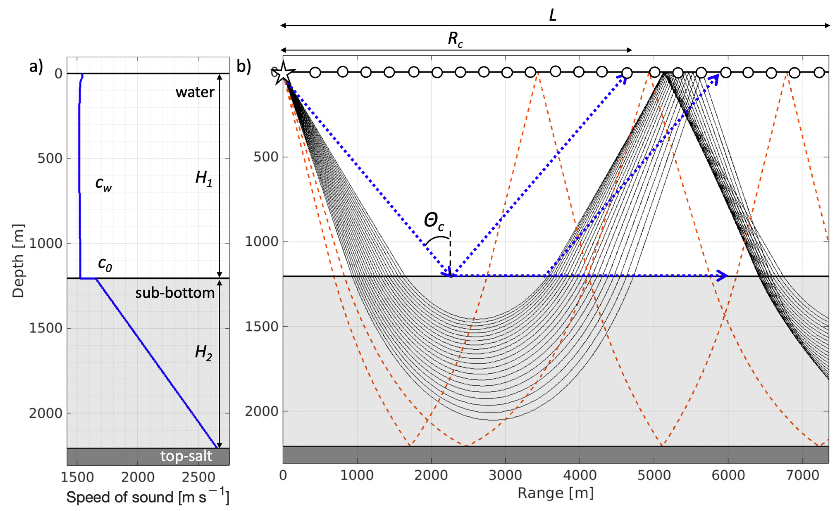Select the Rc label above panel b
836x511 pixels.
tap(455, 40)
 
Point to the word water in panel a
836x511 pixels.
tap(195, 92)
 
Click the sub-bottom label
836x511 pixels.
tap(175, 293)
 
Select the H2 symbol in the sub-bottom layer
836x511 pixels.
tap(203, 353)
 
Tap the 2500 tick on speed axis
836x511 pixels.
tap(199, 477)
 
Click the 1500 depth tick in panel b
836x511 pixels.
tap(261, 327)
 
